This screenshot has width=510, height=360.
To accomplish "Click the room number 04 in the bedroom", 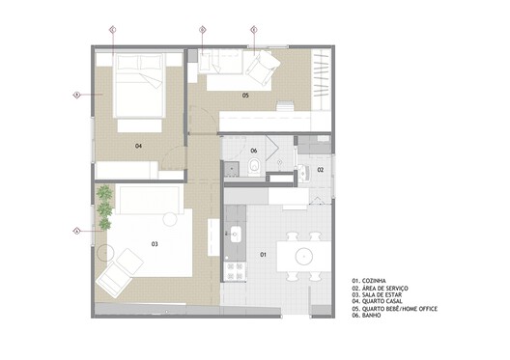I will [139, 146].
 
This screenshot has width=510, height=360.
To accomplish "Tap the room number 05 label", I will [245, 96].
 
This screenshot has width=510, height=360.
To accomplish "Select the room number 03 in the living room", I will [155, 245].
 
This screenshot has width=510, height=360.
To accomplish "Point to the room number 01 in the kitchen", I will [264, 255].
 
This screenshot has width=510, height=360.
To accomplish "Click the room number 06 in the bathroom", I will [254, 151].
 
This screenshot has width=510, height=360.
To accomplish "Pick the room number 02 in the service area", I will [321, 170].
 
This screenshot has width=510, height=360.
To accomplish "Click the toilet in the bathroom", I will [253, 168].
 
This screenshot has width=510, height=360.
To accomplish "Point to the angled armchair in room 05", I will [261, 67].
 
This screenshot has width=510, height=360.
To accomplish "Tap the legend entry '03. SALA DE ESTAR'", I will [381, 294].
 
